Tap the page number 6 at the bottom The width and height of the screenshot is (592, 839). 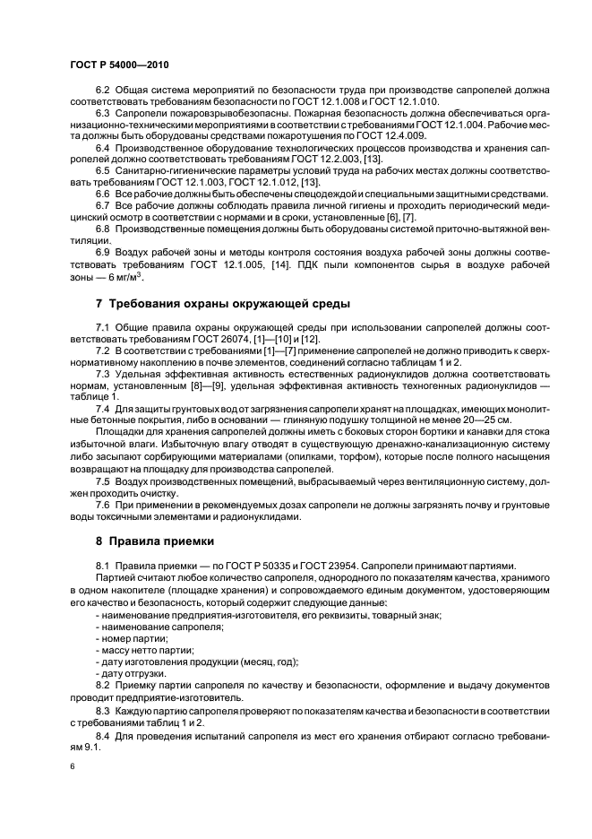pyautogui.click(x=71, y=766)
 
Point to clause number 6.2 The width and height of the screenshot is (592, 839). pyautogui.click(x=101, y=91)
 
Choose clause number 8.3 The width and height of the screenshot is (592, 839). pyautogui.click(x=101, y=708)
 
